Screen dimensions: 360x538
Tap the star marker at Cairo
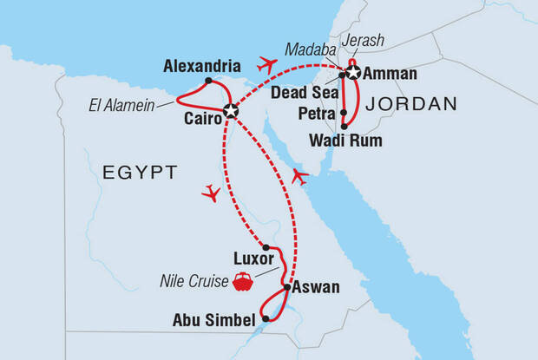pos(230,110)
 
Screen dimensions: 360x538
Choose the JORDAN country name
pos(411,104)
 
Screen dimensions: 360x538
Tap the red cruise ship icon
pos(242,280)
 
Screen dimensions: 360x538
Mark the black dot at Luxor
pos(266,248)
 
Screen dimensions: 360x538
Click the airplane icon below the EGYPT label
pos(210,193)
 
